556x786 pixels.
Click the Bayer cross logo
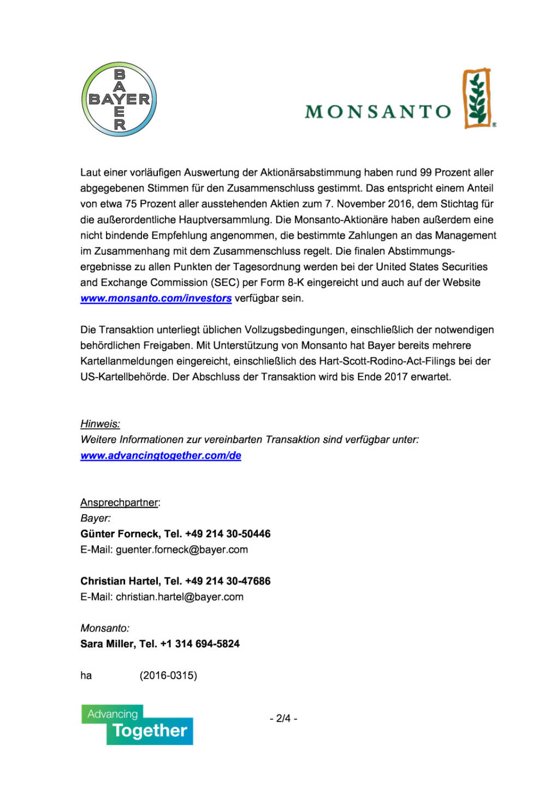(x=119, y=99)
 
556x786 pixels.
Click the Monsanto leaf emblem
(x=477, y=99)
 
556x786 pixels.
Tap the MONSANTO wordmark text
(x=378, y=112)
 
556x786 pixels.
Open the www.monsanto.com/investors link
(x=156, y=299)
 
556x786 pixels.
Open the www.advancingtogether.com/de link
(x=161, y=456)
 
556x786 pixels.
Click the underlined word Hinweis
(x=100, y=424)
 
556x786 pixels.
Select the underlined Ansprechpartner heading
(x=119, y=503)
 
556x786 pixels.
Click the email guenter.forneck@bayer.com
(x=182, y=550)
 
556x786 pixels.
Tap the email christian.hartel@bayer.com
(x=180, y=597)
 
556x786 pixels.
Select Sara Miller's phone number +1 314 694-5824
(x=200, y=644)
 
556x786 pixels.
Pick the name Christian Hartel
(x=120, y=581)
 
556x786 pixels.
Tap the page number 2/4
(x=283, y=718)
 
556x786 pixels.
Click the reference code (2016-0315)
(x=168, y=676)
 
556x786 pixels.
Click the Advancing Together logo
(x=137, y=725)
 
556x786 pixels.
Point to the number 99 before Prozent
(x=425, y=172)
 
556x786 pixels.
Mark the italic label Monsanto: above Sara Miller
(x=105, y=628)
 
